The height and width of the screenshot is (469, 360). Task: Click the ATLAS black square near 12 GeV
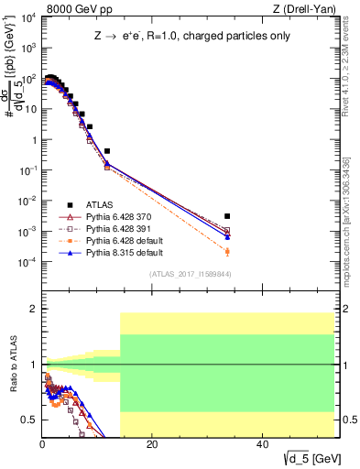click(107, 151)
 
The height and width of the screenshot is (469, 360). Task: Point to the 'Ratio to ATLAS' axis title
click(12, 365)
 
